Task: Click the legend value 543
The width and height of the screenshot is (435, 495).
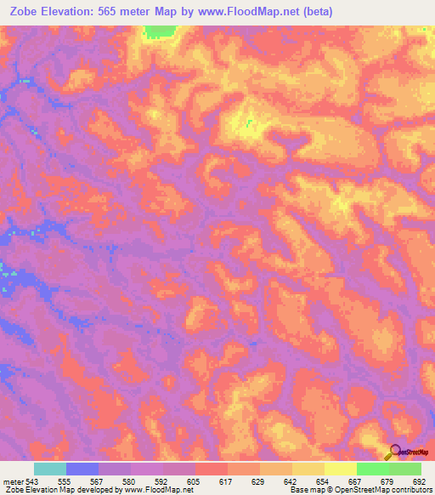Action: coord(30,481)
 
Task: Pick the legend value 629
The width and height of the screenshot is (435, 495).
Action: coord(257,481)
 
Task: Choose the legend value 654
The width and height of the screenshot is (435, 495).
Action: coord(322,481)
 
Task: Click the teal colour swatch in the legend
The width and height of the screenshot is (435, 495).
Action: coord(50,469)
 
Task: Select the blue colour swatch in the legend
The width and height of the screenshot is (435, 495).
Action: coord(82,469)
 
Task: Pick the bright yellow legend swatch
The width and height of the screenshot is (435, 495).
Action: coord(340,469)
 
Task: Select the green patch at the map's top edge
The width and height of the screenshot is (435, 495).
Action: coord(156,31)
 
